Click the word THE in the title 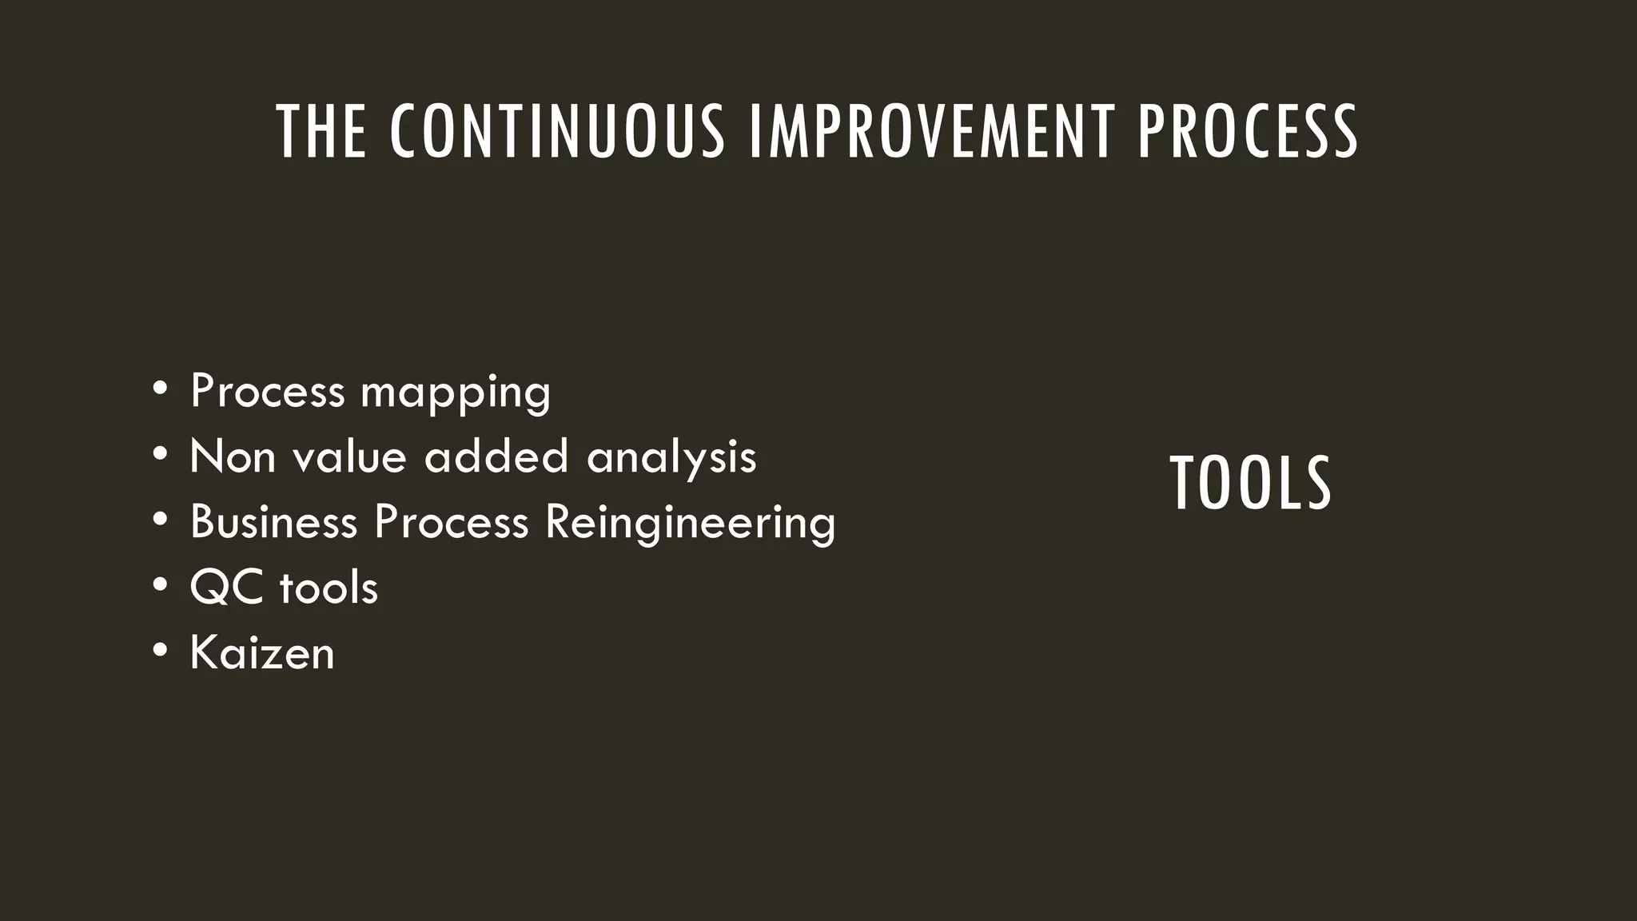321,132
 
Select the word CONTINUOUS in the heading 557,132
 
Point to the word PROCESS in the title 1247,132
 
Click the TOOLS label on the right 1250,484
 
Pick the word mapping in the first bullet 456,393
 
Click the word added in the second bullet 496,457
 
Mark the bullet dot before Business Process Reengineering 161,520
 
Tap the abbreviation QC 226,588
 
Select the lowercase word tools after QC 329,588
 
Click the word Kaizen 262,652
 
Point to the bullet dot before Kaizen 161,651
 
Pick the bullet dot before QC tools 161,585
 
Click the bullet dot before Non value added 161,455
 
